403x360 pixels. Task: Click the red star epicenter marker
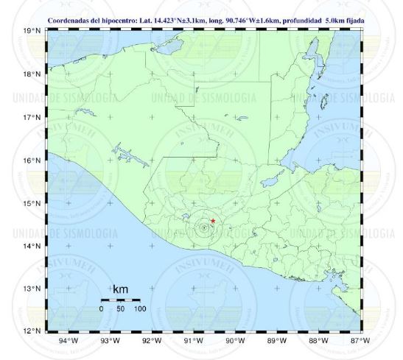(213, 220)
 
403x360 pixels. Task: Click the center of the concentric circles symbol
(203, 227)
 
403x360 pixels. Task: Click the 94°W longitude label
(68, 340)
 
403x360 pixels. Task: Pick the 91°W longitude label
(194, 340)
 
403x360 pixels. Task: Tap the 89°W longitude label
(277, 340)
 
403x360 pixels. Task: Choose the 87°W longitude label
(360, 340)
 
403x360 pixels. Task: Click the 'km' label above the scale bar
(120, 290)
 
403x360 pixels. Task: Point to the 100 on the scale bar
(139, 308)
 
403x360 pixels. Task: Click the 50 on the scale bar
(120, 308)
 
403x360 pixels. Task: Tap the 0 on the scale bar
(101, 308)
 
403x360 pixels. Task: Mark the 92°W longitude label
(152, 340)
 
